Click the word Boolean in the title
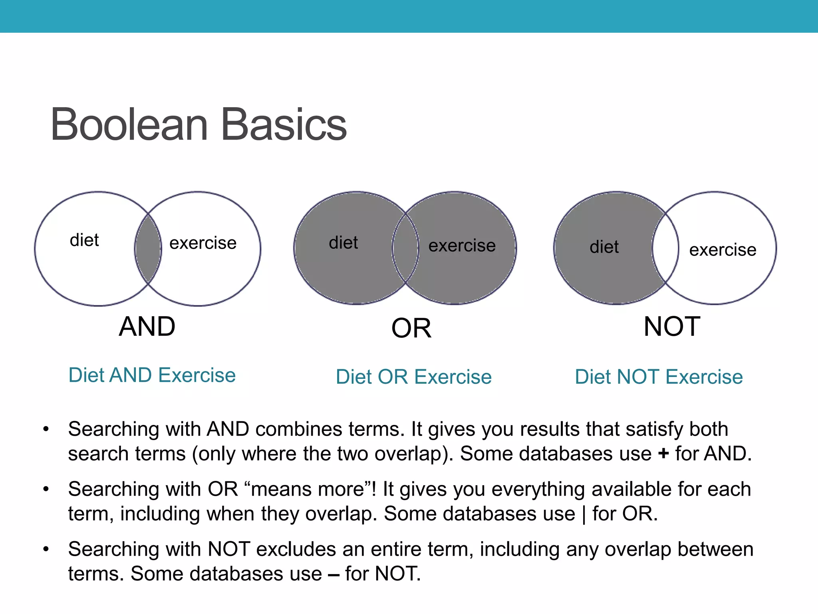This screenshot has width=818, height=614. click(x=129, y=125)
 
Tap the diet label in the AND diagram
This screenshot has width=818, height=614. click(x=84, y=240)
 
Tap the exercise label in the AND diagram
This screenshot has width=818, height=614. click(x=203, y=243)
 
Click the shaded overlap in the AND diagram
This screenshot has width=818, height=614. click(x=148, y=249)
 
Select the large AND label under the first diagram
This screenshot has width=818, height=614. click(x=147, y=327)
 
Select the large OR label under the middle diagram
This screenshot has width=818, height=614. click(x=411, y=329)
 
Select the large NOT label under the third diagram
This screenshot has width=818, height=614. click(x=672, y=327)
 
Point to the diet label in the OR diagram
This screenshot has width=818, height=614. click(x=343, y=243)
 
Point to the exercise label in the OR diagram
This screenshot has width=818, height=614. click(x=462, y=245)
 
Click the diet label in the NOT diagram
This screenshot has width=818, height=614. click(x=604, y=247)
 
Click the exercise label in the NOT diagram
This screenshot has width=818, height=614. click(x=723, y=250)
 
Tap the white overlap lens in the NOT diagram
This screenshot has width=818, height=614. click(x=665, y=248)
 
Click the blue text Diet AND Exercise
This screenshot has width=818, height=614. click(x=152, y=375)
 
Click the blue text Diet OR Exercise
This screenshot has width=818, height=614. click(x=414, y=377)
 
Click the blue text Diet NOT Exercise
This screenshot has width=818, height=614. click(x=659, y=377)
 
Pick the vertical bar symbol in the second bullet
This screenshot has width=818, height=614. click(x=584, y=514)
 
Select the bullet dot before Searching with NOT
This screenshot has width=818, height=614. click(x=46, y=549)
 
